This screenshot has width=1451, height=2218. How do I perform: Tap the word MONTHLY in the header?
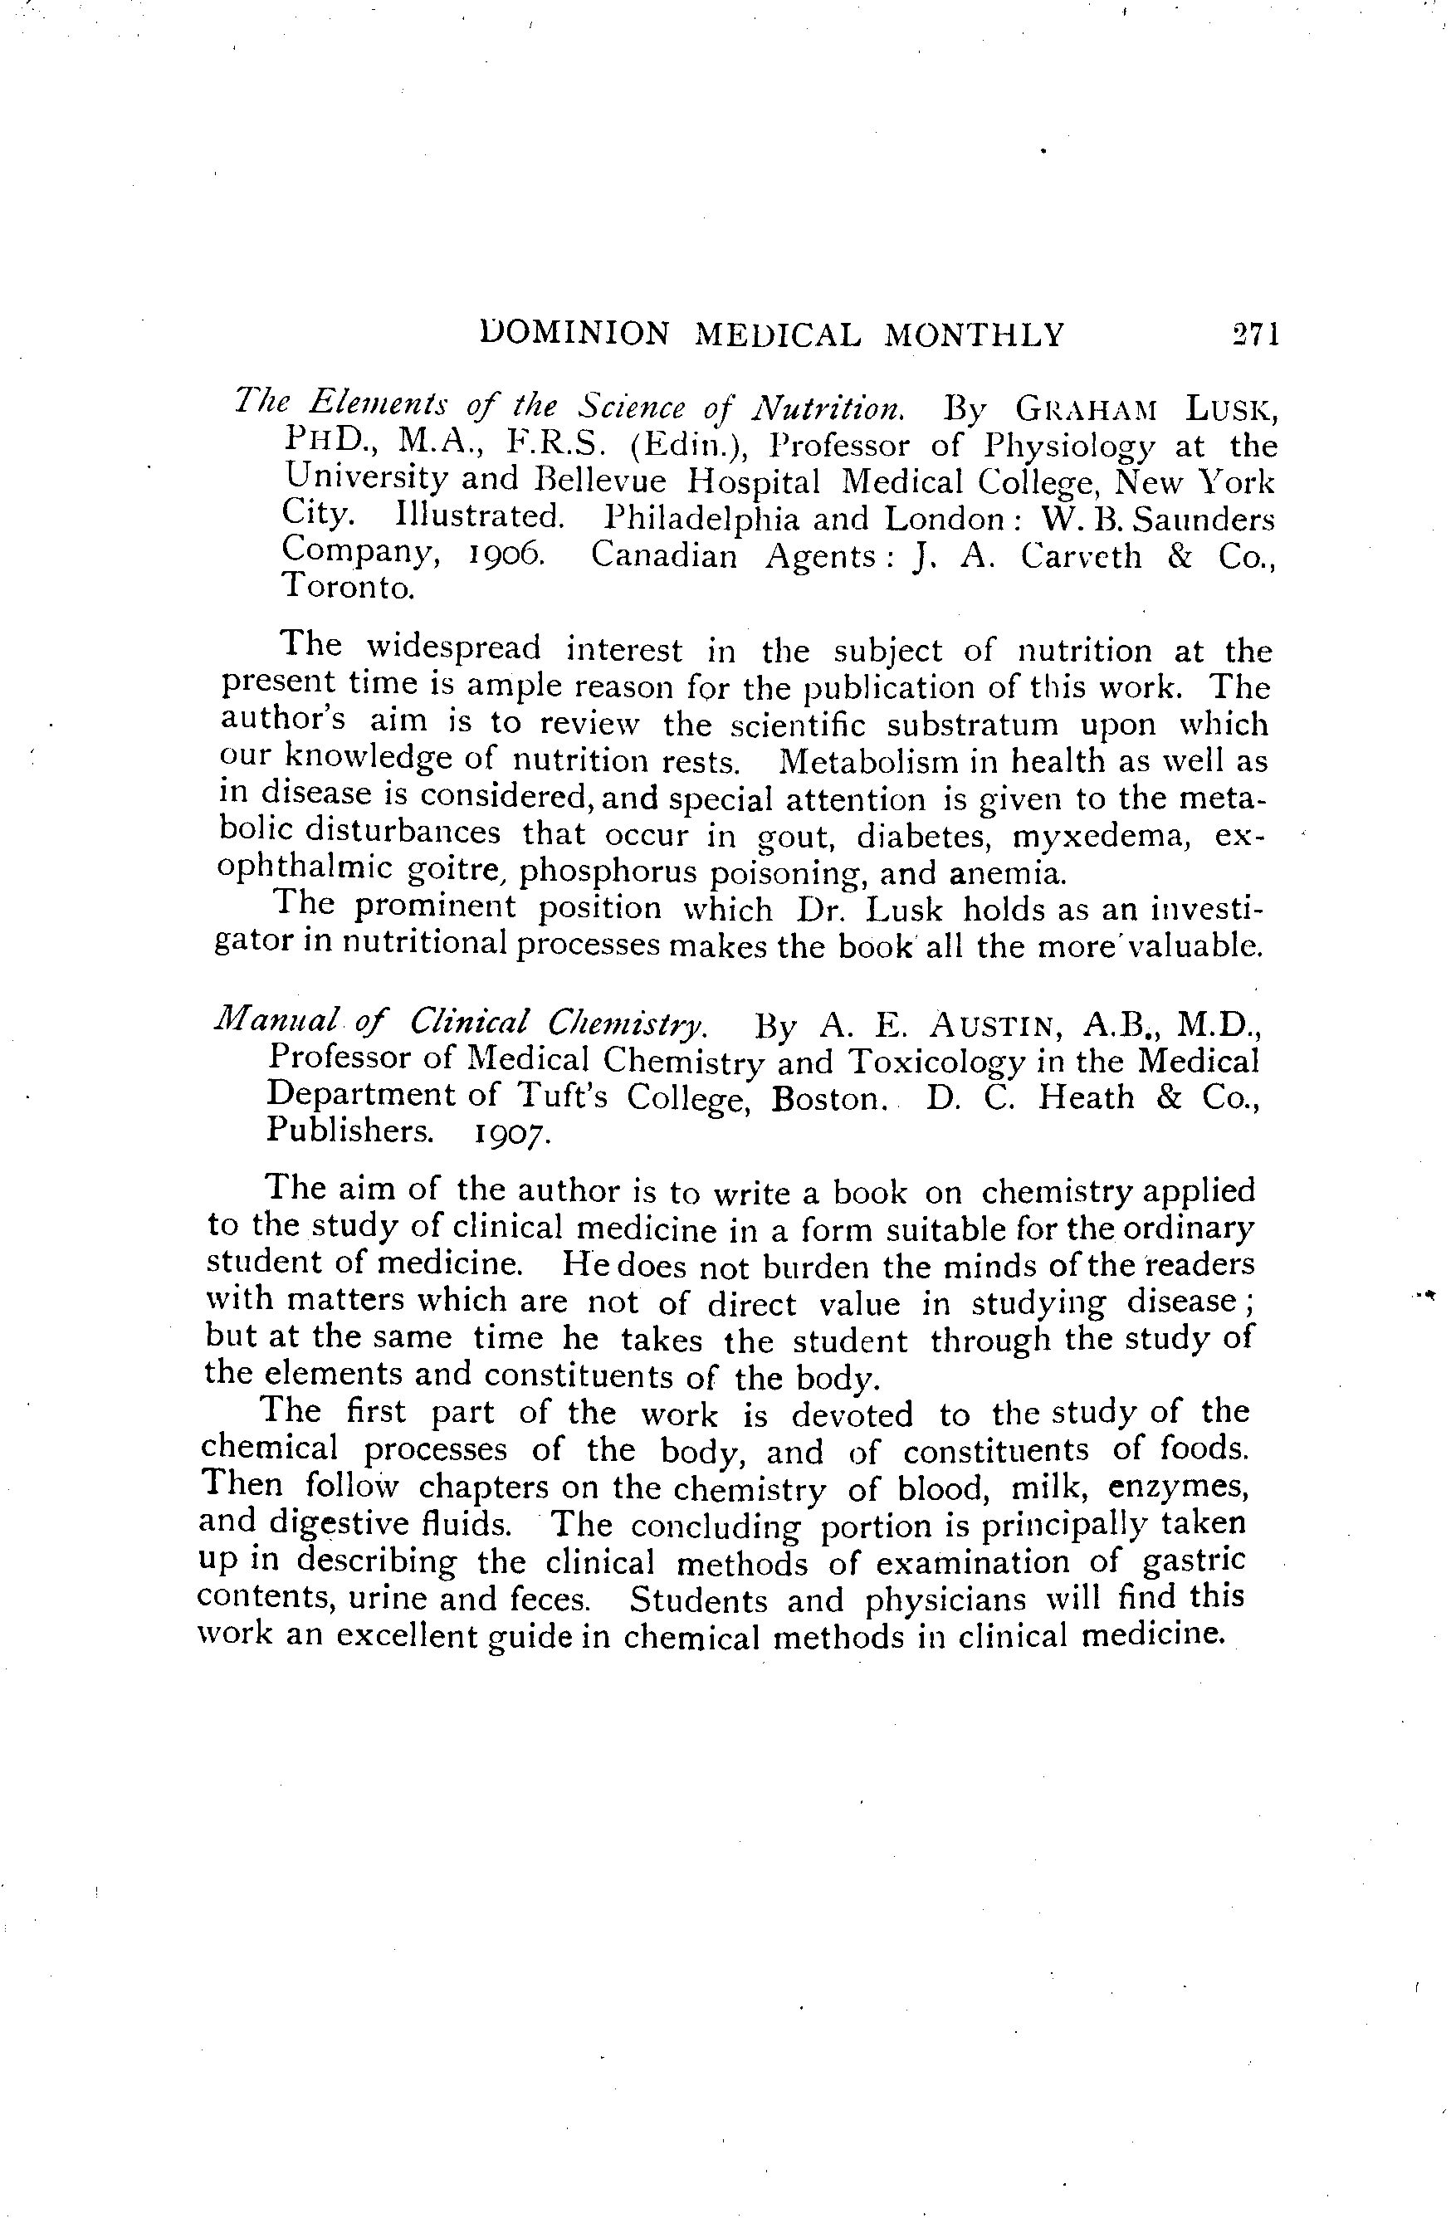tap(973, 334)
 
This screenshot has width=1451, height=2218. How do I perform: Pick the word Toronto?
tap(348, 587)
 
